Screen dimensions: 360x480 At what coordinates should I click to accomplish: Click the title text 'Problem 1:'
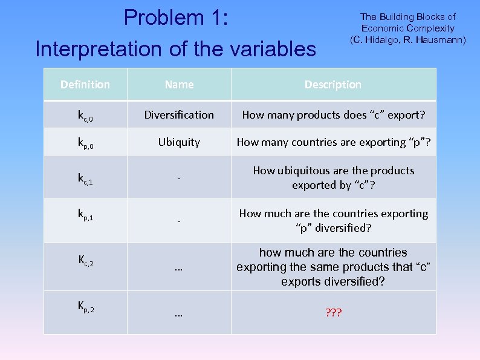(x=176, y=18)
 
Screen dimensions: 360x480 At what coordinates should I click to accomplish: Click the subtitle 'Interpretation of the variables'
(x=176, y=49)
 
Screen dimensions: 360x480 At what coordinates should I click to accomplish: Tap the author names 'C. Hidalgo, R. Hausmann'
(x=408, y=40)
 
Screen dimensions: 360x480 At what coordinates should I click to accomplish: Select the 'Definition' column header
(x=85, y=85)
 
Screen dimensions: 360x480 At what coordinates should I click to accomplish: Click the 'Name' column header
(x=179, y=85)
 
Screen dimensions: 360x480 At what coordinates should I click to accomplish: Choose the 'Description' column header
(x=332, y=85)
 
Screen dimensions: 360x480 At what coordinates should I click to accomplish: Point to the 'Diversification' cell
(x=179, y=114)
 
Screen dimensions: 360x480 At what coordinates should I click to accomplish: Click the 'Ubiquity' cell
(x=179, y=142)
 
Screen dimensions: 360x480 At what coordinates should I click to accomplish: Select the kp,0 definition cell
(x=85, y=143)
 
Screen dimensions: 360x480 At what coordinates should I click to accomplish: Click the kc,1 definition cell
(x=85, y=178)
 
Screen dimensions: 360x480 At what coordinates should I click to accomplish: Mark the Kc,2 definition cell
(x=85, y=261)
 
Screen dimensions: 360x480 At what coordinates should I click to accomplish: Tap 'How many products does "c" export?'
(x=333, y=114)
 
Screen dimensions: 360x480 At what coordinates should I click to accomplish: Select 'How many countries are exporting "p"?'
(x=333, y=142)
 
